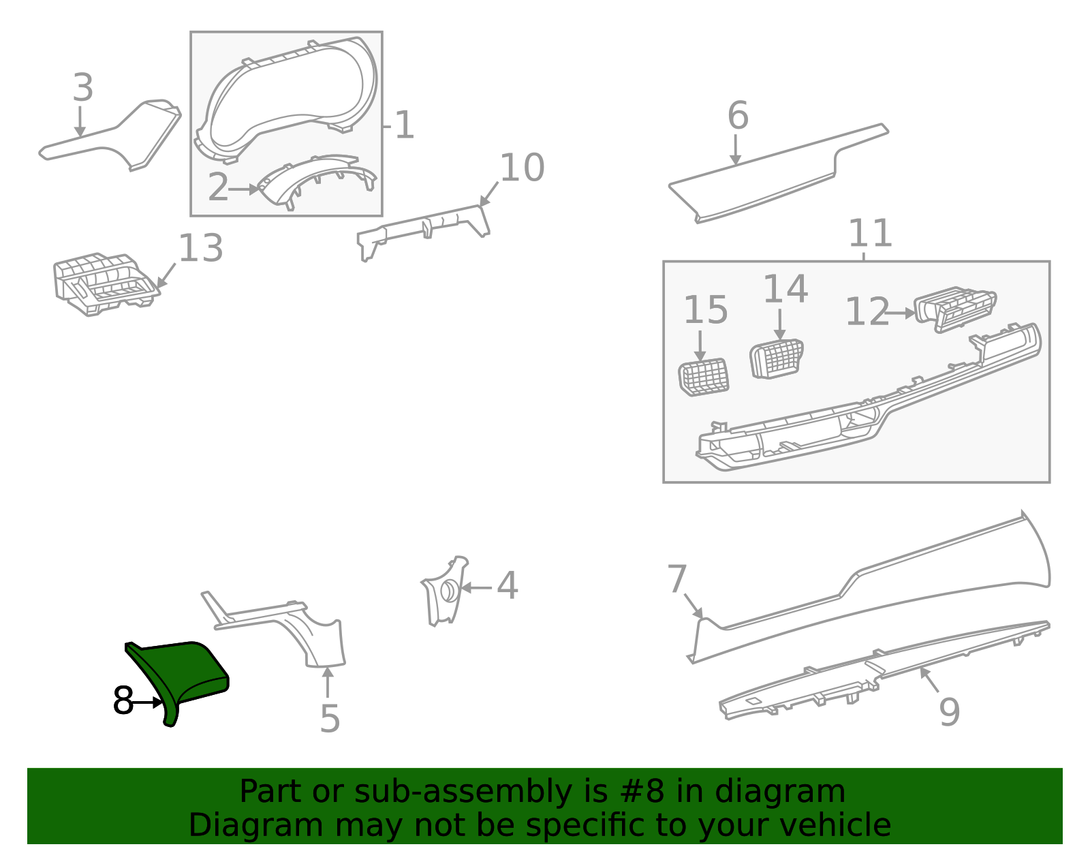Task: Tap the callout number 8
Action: coord(123,701)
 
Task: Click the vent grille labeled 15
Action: coord(704,377)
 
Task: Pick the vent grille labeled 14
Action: coord(777,358)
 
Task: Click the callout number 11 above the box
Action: coord(870,234)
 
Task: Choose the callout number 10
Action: coord(522,168)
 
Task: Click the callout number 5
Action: coord(330,719)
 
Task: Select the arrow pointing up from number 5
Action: coord(328,681)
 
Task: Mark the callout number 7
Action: coord(676,580)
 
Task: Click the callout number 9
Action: coord(949,712)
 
